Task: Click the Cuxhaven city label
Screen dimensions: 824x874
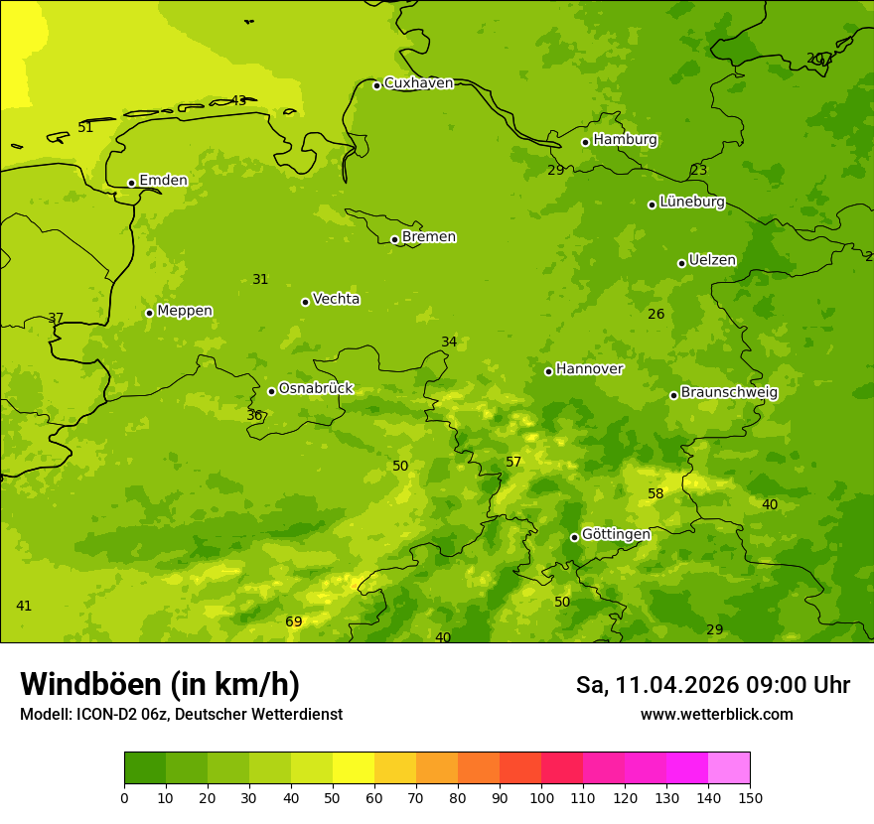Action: point(418,83)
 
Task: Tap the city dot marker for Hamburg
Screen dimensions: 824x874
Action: point(585,142)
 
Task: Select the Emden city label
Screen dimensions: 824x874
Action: point(163,181)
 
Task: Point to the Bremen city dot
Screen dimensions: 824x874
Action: point(394,239)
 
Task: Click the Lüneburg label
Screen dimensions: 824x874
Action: point(691,203)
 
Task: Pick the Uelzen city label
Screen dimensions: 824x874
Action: point(712,261)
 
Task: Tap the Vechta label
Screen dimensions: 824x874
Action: point(336,299)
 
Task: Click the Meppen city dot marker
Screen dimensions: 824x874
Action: point(149,313)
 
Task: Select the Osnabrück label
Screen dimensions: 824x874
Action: point(316,389)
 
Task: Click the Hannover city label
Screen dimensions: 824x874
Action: point(589,369)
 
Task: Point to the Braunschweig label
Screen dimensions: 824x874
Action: point(729,393)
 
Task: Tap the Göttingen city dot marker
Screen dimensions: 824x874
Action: point(574,537)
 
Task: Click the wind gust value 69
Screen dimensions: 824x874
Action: point(294,622)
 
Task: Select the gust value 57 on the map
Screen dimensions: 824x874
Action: point(513,463)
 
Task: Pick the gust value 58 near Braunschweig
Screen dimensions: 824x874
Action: point(655,494)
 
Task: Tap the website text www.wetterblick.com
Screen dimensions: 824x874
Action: point(716,715)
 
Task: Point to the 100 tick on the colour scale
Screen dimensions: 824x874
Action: point(541,797)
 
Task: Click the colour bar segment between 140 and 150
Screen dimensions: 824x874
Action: point(729,767)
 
